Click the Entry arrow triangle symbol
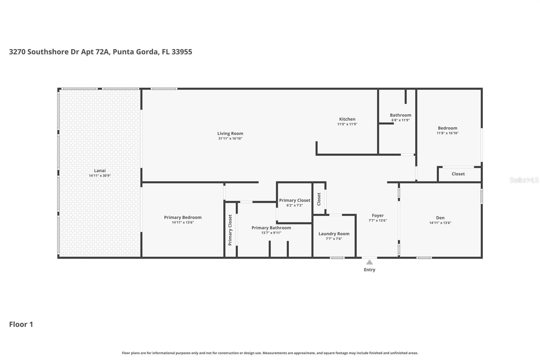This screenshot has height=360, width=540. click(370, 262)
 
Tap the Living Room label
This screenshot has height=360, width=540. click(230, 133)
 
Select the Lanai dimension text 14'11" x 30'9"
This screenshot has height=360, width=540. click(100, 176)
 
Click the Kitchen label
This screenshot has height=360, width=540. click(347, 119)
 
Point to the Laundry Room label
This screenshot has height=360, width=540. click(334, 234)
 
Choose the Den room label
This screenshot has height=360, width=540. click(440, 218)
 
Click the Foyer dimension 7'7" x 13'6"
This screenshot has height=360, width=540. click(378, 221)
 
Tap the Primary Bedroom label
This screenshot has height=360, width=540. click(183, 217)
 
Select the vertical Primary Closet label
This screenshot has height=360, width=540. click(230, 230)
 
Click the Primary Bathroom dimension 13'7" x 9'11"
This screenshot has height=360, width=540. click(271, 233)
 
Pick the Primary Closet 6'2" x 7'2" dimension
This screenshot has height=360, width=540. click(294, 205)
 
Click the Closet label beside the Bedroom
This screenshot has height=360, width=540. click(458, 174)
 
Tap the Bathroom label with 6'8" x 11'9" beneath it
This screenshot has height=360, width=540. click(400, 115)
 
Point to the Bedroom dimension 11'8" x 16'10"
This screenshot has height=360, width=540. click(448, 133)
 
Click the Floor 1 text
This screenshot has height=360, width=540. click(21, 324)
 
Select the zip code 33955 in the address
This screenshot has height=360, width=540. click(182, 52)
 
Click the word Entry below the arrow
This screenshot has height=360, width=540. click(369, 269)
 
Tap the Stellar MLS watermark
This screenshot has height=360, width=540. click(524, 180)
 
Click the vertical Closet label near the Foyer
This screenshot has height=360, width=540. click(319, 199)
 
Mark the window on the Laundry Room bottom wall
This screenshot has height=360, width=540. click(337, 258)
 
